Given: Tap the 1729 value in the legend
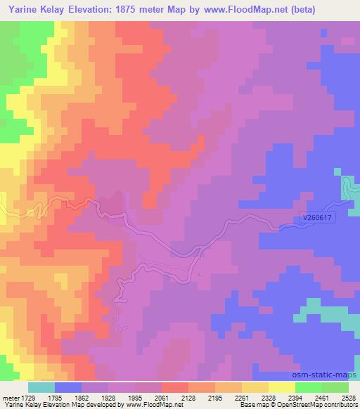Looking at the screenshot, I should [28, 398].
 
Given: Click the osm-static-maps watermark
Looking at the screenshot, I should [329, 376].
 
